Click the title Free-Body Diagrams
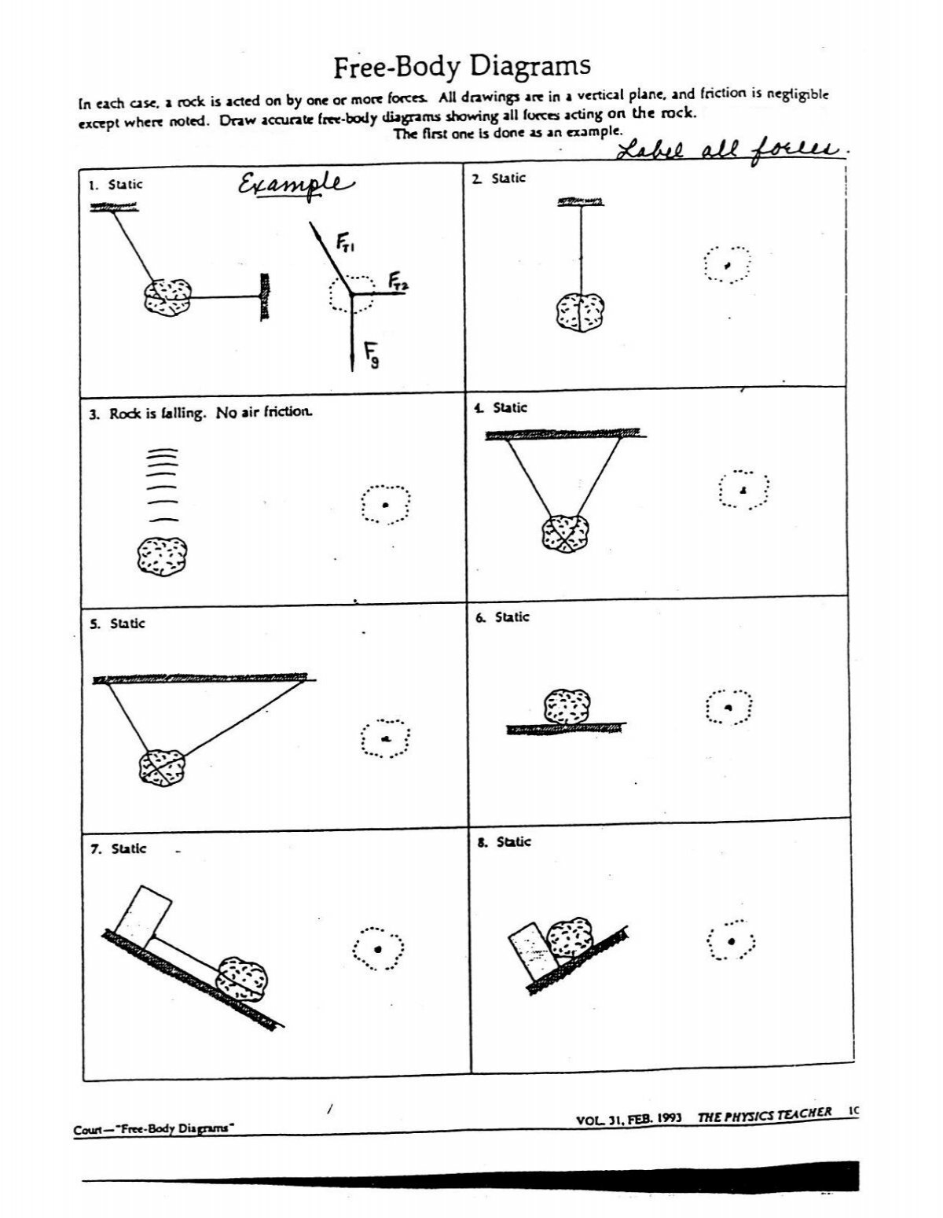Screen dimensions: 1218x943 point(461,67)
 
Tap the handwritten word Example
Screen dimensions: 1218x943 point(290,187)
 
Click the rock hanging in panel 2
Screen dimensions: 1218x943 point(582,312)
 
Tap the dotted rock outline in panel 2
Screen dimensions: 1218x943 point(728,265)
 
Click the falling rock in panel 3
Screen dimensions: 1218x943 point(163,557)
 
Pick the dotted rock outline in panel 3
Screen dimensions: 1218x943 point(386,504)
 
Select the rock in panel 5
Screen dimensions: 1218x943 point(163,767)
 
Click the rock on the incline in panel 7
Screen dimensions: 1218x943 point(244,978)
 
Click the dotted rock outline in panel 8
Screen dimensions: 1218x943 point(731,940)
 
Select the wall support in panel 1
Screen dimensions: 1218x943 point(265,296)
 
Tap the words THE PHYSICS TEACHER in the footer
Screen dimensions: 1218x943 point(764,1113)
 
